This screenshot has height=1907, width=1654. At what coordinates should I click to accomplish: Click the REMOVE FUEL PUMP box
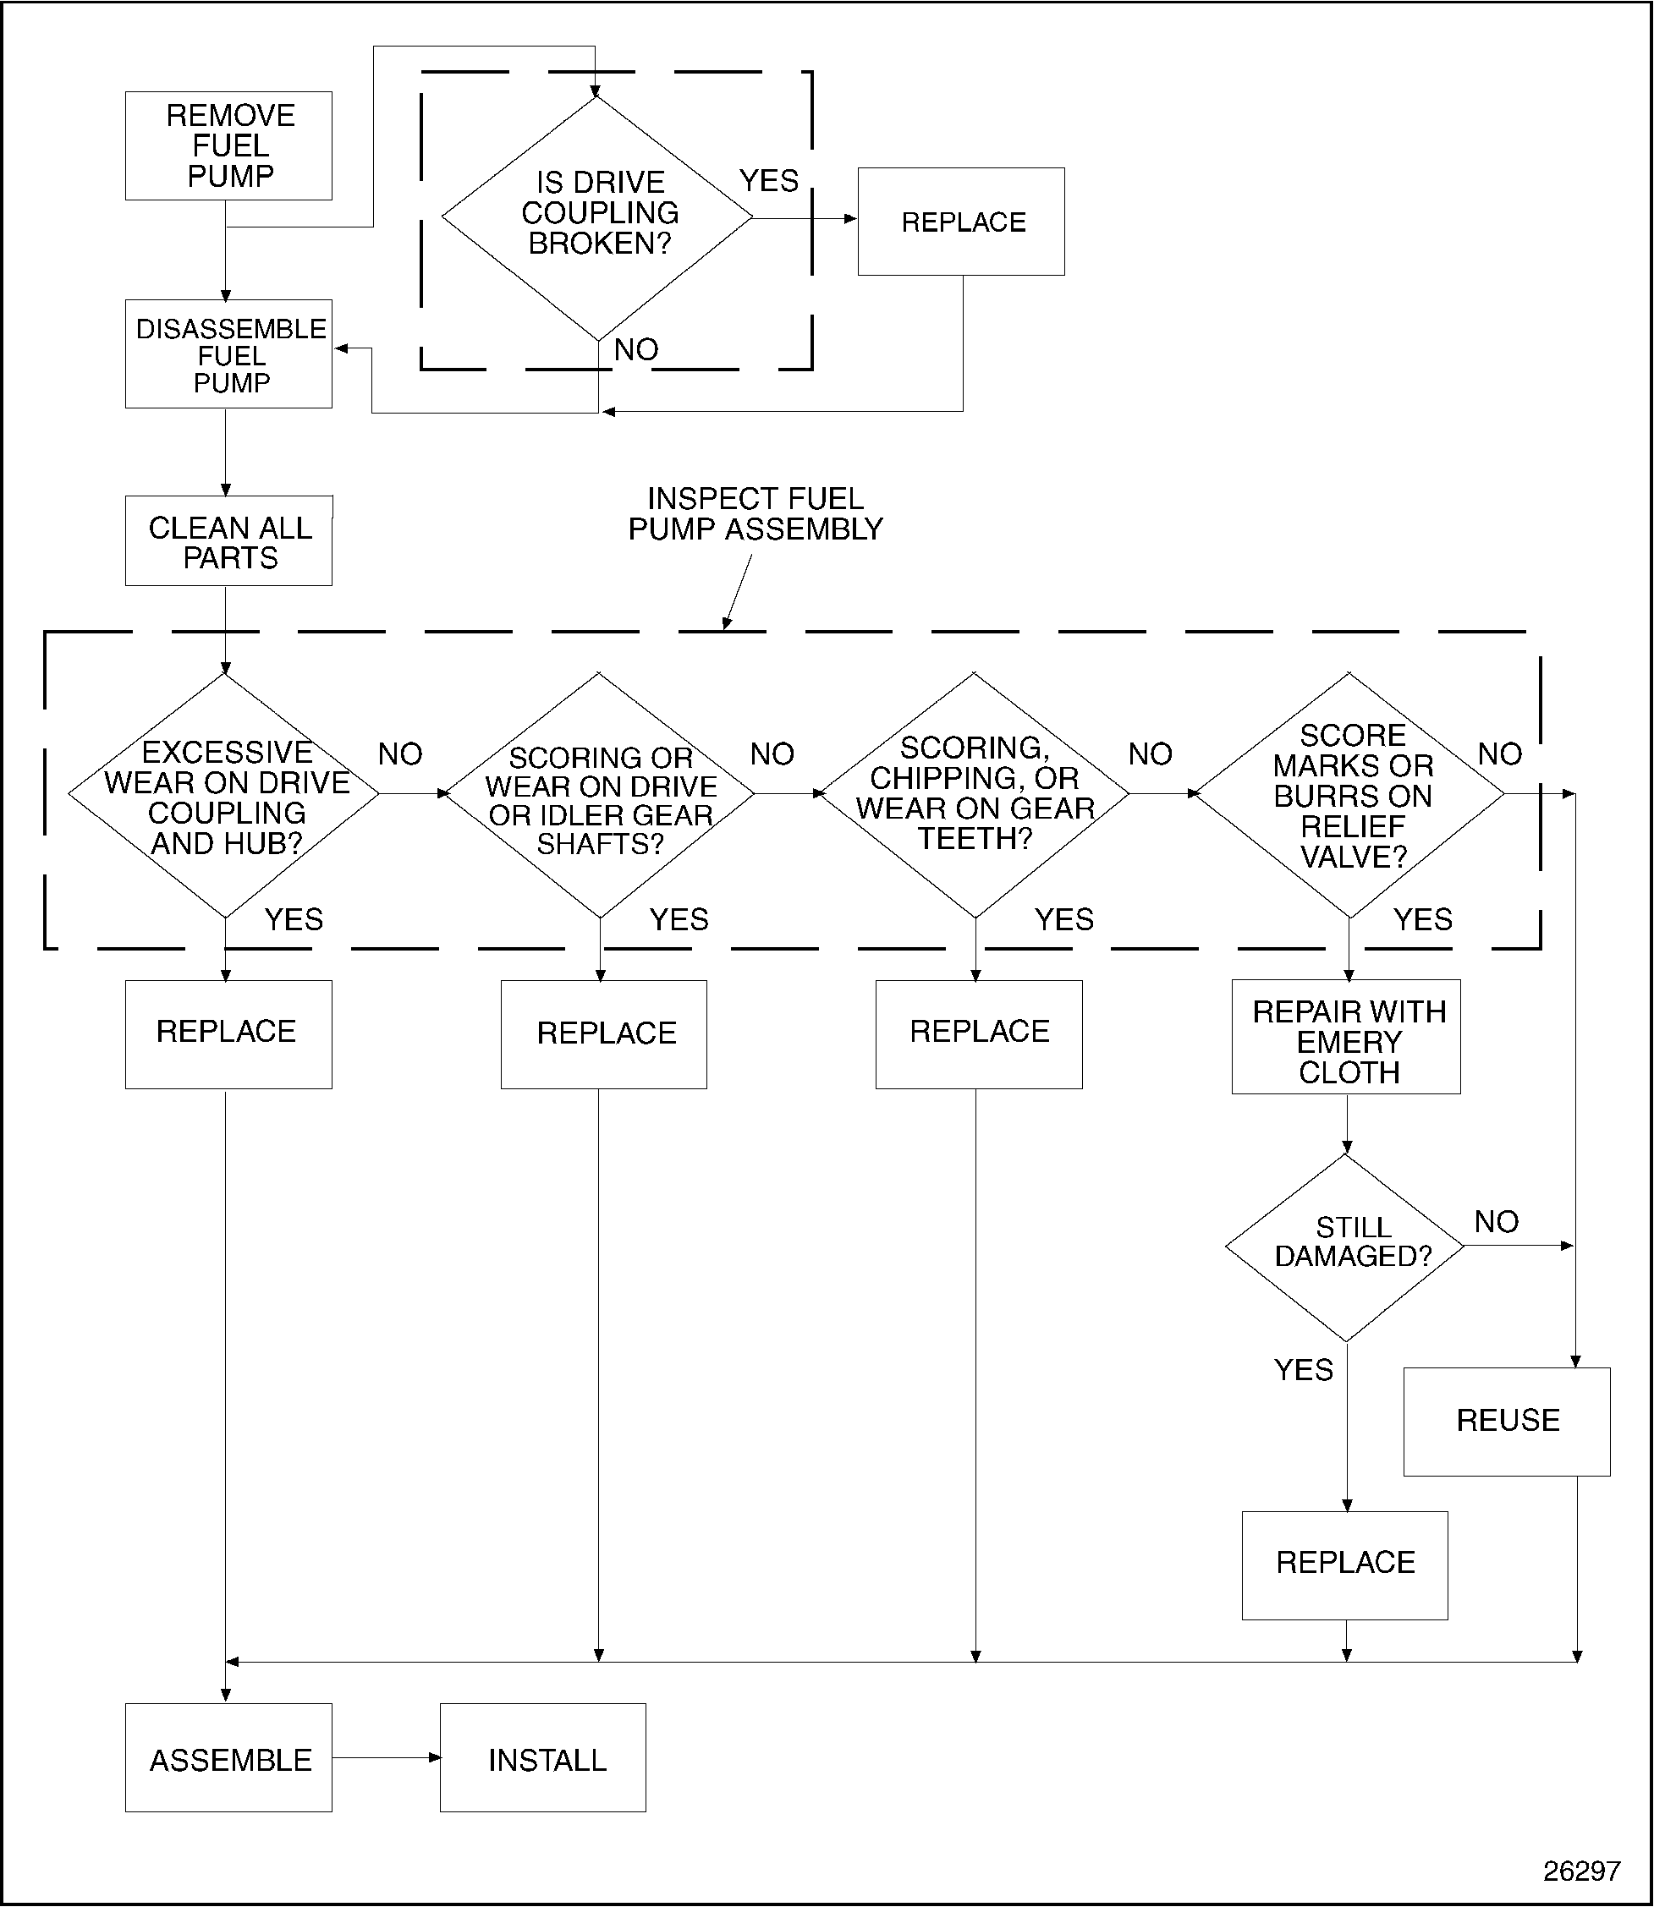[x=229, y=145]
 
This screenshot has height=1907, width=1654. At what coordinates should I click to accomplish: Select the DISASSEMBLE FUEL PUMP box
[x=229, y=354]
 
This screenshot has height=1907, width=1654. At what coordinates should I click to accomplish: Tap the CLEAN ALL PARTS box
[x=229, y=541]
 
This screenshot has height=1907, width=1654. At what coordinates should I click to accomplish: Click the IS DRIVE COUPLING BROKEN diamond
[x=598, y=217]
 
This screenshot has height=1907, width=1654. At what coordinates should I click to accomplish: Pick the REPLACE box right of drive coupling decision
[x=961, y=222]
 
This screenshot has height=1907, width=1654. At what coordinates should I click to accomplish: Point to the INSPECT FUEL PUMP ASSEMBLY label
[x=755, y=514]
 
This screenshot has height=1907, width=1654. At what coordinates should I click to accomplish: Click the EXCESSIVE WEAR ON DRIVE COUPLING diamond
[x=225, y=795]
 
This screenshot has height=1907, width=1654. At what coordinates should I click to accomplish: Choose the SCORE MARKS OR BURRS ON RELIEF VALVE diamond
[x=1350, y=795]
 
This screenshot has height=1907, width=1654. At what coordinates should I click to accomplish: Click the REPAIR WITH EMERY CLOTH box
[x=1347, y=1038]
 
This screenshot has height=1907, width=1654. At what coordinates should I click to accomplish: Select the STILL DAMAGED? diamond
[x=1348, y=1247]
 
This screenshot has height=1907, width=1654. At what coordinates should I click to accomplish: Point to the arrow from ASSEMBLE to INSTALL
[x=386, y=1758]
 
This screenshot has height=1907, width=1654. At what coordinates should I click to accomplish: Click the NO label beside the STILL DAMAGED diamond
[x=1496, y=1221]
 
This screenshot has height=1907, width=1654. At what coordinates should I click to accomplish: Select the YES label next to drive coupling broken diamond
[x=769, y=181]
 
